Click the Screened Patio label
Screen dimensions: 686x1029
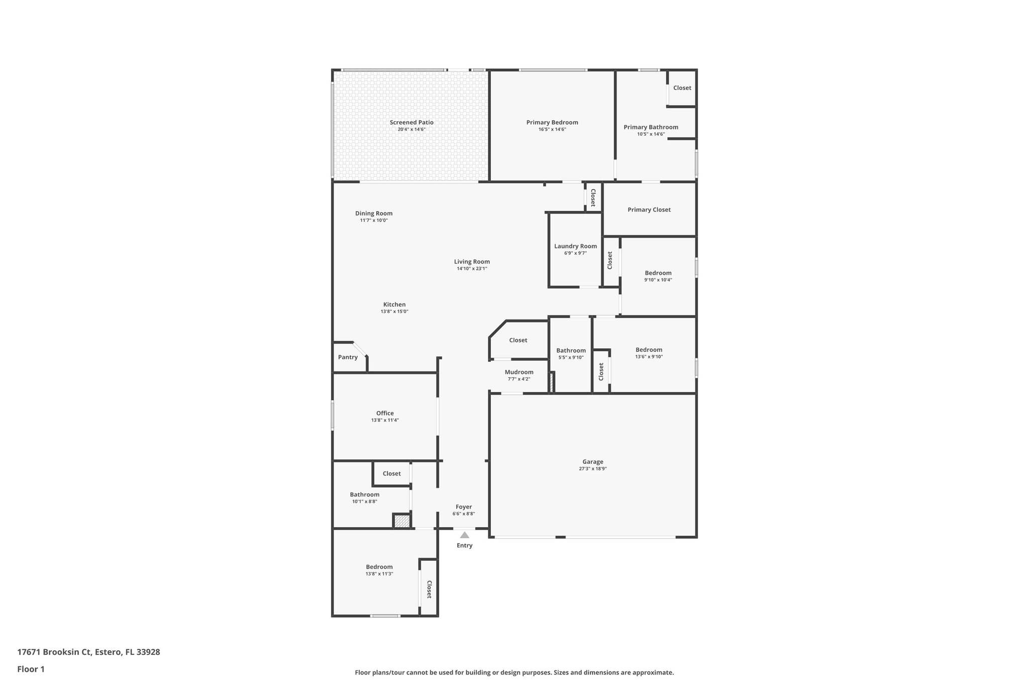411,122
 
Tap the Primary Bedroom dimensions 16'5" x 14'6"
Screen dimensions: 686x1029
552,130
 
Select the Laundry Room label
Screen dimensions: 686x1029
575,246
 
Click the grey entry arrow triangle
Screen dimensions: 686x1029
464,535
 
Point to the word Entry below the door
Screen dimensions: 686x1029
464,546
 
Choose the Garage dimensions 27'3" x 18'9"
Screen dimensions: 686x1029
592,469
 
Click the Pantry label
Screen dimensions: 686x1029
348,357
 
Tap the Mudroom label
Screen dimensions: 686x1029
519,372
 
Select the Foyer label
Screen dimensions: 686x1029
463,507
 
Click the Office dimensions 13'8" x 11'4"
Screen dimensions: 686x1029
385,421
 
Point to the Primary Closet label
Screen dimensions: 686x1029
649,210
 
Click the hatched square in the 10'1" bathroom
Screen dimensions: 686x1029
401,521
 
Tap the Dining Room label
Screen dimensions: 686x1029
374,214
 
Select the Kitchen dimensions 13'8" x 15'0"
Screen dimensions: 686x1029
394,312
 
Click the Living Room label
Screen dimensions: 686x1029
472,262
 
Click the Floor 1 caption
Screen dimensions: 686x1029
31,669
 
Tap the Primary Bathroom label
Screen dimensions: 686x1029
651,127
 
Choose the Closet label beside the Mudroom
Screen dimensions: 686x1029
518,340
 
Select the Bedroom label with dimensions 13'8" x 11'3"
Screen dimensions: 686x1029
379,567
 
